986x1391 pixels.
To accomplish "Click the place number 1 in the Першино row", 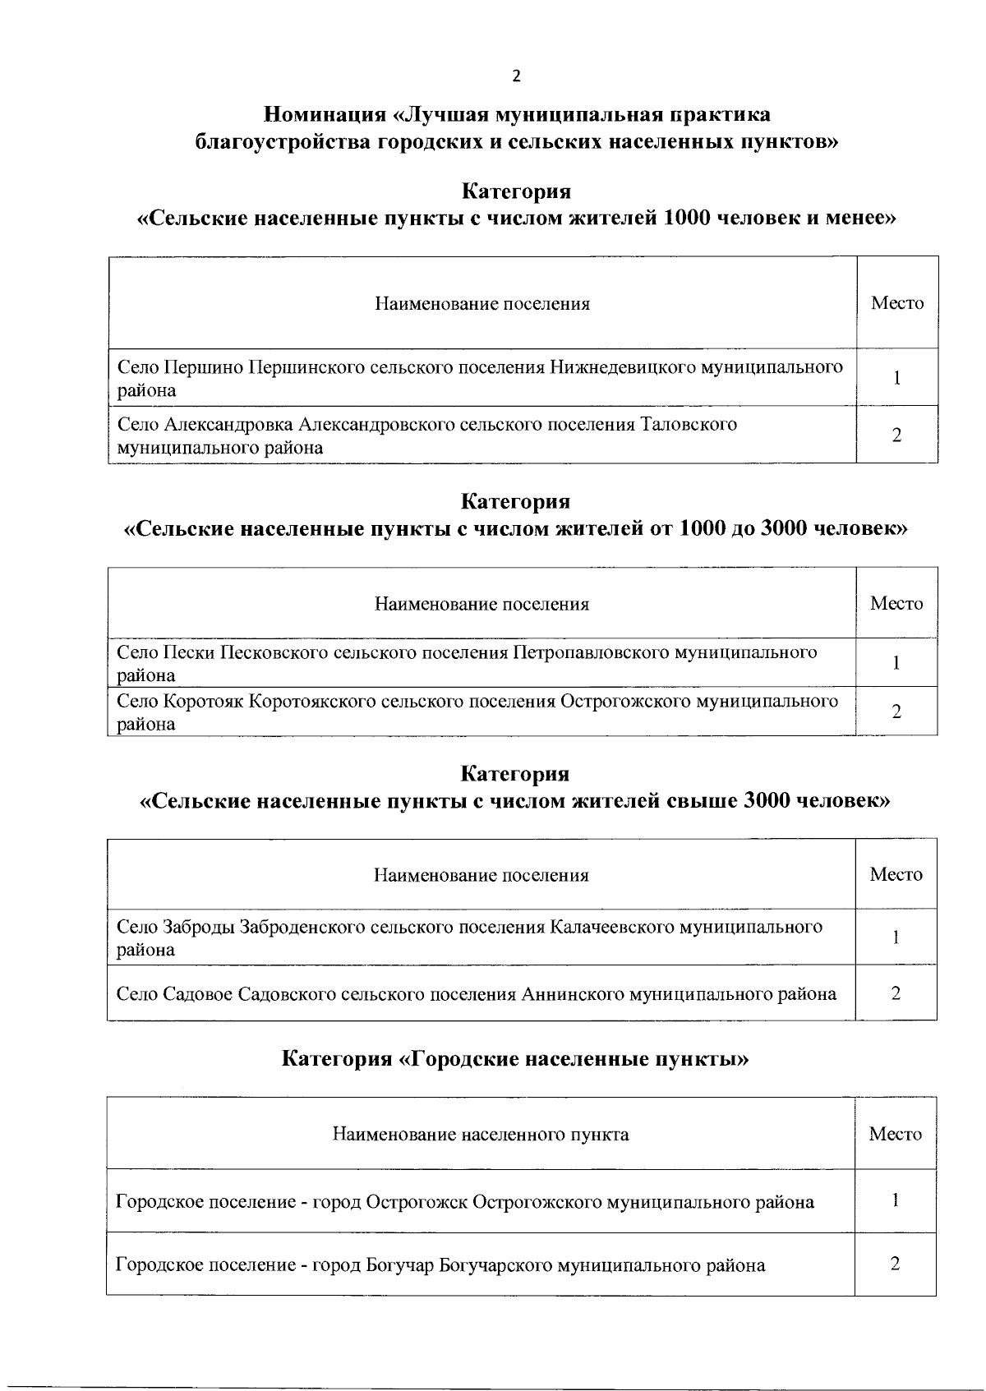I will (x=897, y=378).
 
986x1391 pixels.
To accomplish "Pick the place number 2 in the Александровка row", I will (x=896, y=435).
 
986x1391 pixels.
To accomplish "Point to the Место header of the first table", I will (x=897, y=303).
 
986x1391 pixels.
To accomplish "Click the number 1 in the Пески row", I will (x=896, y=662).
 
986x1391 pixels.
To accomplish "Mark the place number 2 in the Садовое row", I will (x=896, y=993).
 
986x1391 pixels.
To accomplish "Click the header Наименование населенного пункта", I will (x=481, y=1135).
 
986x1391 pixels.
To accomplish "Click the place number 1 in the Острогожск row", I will (x=895, y=1200).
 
